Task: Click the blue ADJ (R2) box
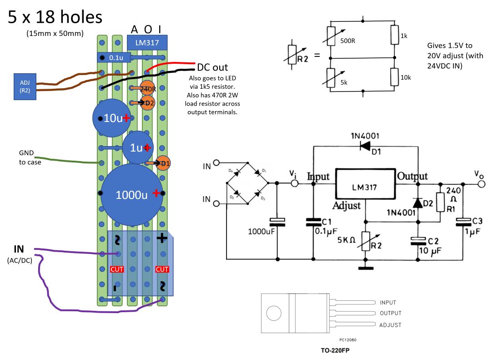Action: tap(25, 86)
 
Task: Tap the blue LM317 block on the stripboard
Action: tap(147, 43)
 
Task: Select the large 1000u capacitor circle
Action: tap(132, 194)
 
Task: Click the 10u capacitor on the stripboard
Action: tap(111, 118)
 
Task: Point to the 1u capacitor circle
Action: tap(138, 147)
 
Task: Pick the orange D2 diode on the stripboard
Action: tap(147, 103)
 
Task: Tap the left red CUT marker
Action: tap(117, 269)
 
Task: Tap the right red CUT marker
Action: tap(162, 269)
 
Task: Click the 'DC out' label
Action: tap(212, 67)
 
